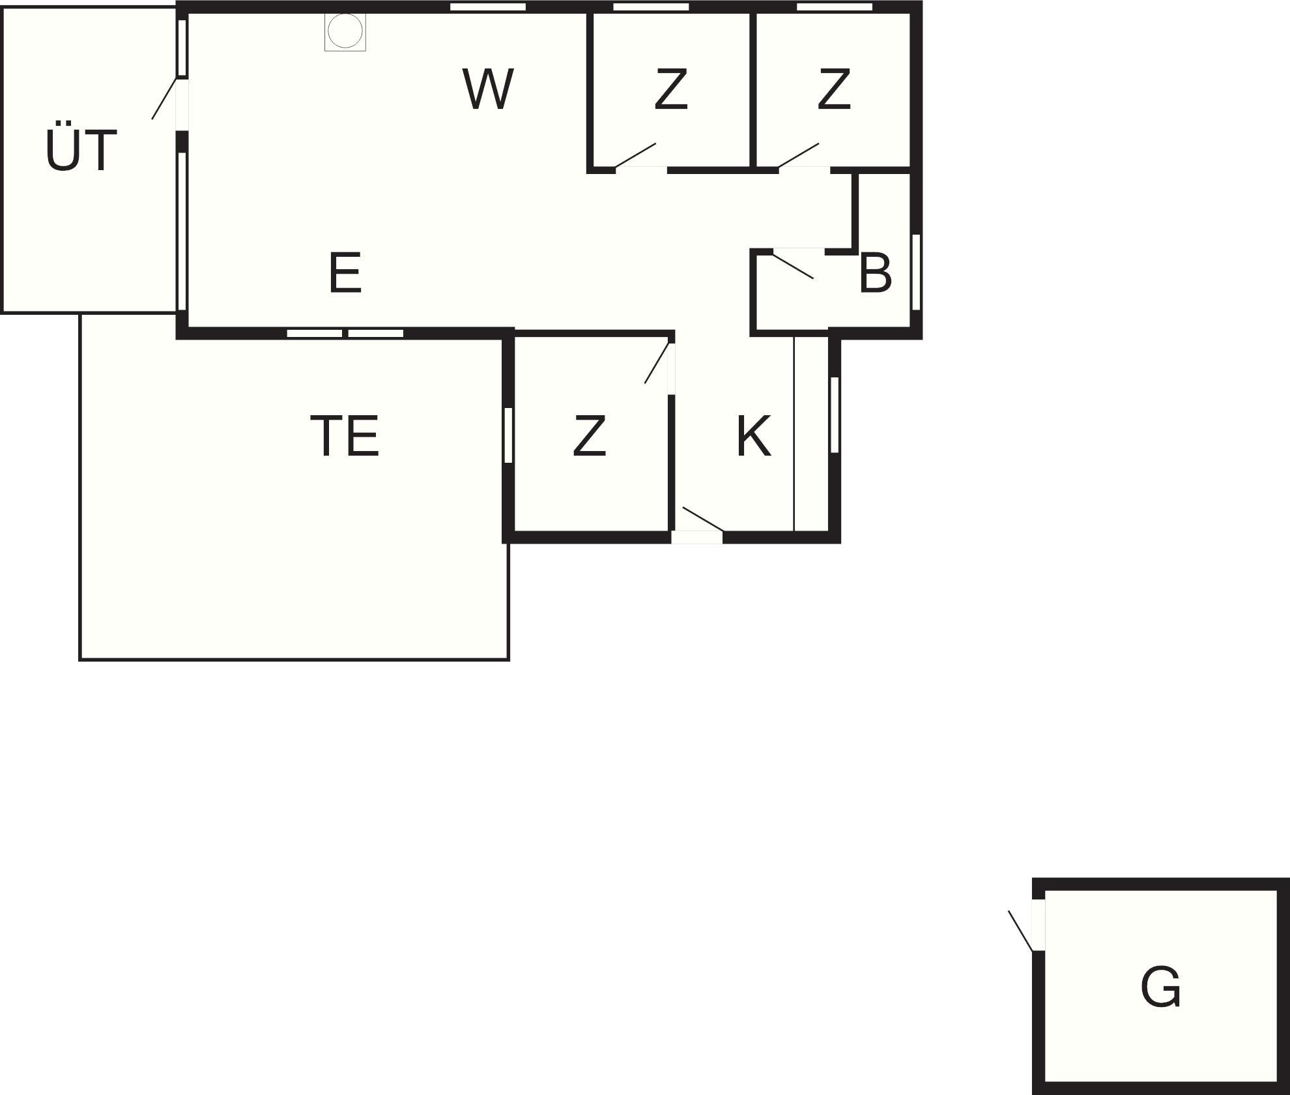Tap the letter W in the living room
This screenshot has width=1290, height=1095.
pyautogui.click(x=488, y=89)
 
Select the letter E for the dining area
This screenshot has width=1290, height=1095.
pyautogui.click(x=345, y=273)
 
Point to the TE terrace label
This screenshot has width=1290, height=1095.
pyautogui.click(x=344, y=436)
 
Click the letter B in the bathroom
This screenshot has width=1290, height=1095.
pyautogui.click(x=874, y=274)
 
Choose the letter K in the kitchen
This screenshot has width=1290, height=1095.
pyautogui.click(x=754, y=436)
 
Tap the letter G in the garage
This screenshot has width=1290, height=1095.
pyautogui.click(x=1160, y=987)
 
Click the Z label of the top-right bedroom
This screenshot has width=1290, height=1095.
pyautogui.click(x=834, y=89)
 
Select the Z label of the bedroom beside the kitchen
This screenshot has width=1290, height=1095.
pyautogui.click(x=590, y=436)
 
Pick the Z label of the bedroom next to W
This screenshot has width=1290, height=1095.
pyautogui.click(x=671, y=89)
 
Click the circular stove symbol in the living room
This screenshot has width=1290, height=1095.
pyautogui.click(x=345, y=31)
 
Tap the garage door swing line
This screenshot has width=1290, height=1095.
pyautogui.click(x=1021, y=931)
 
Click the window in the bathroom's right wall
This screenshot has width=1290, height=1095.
pyautogui.click(x=915, y=272)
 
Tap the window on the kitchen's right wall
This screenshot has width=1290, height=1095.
pyautogui.click(x=835, y=415)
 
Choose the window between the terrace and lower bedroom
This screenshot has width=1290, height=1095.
pyautogui.click(x=508, y=435)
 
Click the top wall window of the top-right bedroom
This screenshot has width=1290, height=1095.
pyautogui.click(x=834, y=7)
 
